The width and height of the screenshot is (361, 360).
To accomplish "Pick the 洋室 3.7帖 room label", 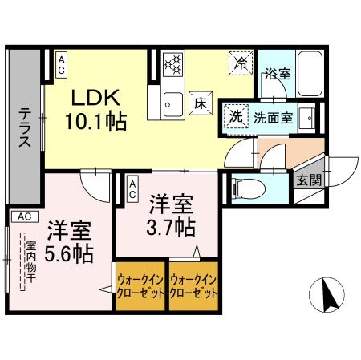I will click(x=170, y=215).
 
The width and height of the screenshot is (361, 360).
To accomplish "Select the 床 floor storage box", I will click(x=199, y=102).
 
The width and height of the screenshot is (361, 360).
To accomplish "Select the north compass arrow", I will click(x=328, y=297).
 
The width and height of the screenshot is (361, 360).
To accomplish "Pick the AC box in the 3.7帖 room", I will click(x=132, y=189).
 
